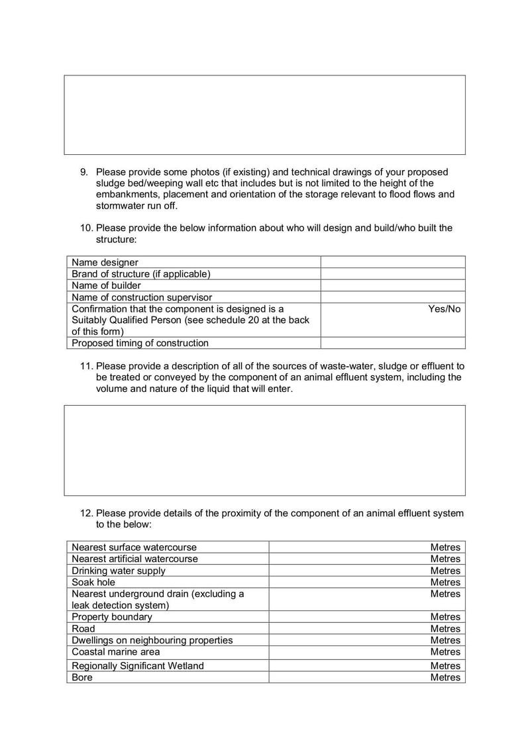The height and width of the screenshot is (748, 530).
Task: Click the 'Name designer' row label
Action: (105, 262)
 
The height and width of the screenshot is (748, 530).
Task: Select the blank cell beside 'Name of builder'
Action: (392, 285)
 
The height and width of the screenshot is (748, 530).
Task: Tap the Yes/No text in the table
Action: (444, 309)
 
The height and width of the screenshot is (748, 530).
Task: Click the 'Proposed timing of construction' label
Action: (140, 343)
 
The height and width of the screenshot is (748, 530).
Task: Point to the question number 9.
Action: (84, 172)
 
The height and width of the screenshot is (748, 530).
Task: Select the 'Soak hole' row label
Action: (93, 582)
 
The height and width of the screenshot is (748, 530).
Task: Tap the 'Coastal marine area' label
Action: (116, 652)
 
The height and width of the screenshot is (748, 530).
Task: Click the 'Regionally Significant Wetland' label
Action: (138, 665)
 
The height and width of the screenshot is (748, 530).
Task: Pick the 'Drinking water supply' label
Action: (119, 571)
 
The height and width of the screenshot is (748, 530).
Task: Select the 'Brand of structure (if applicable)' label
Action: (140, 273)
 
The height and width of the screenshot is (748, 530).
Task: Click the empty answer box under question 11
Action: (264, 450)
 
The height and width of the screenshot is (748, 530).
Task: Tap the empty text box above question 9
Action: (264, 115)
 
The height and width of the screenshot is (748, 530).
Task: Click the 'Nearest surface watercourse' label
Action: (134, 547)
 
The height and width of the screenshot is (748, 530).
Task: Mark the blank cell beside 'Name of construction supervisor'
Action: (392, 297)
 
